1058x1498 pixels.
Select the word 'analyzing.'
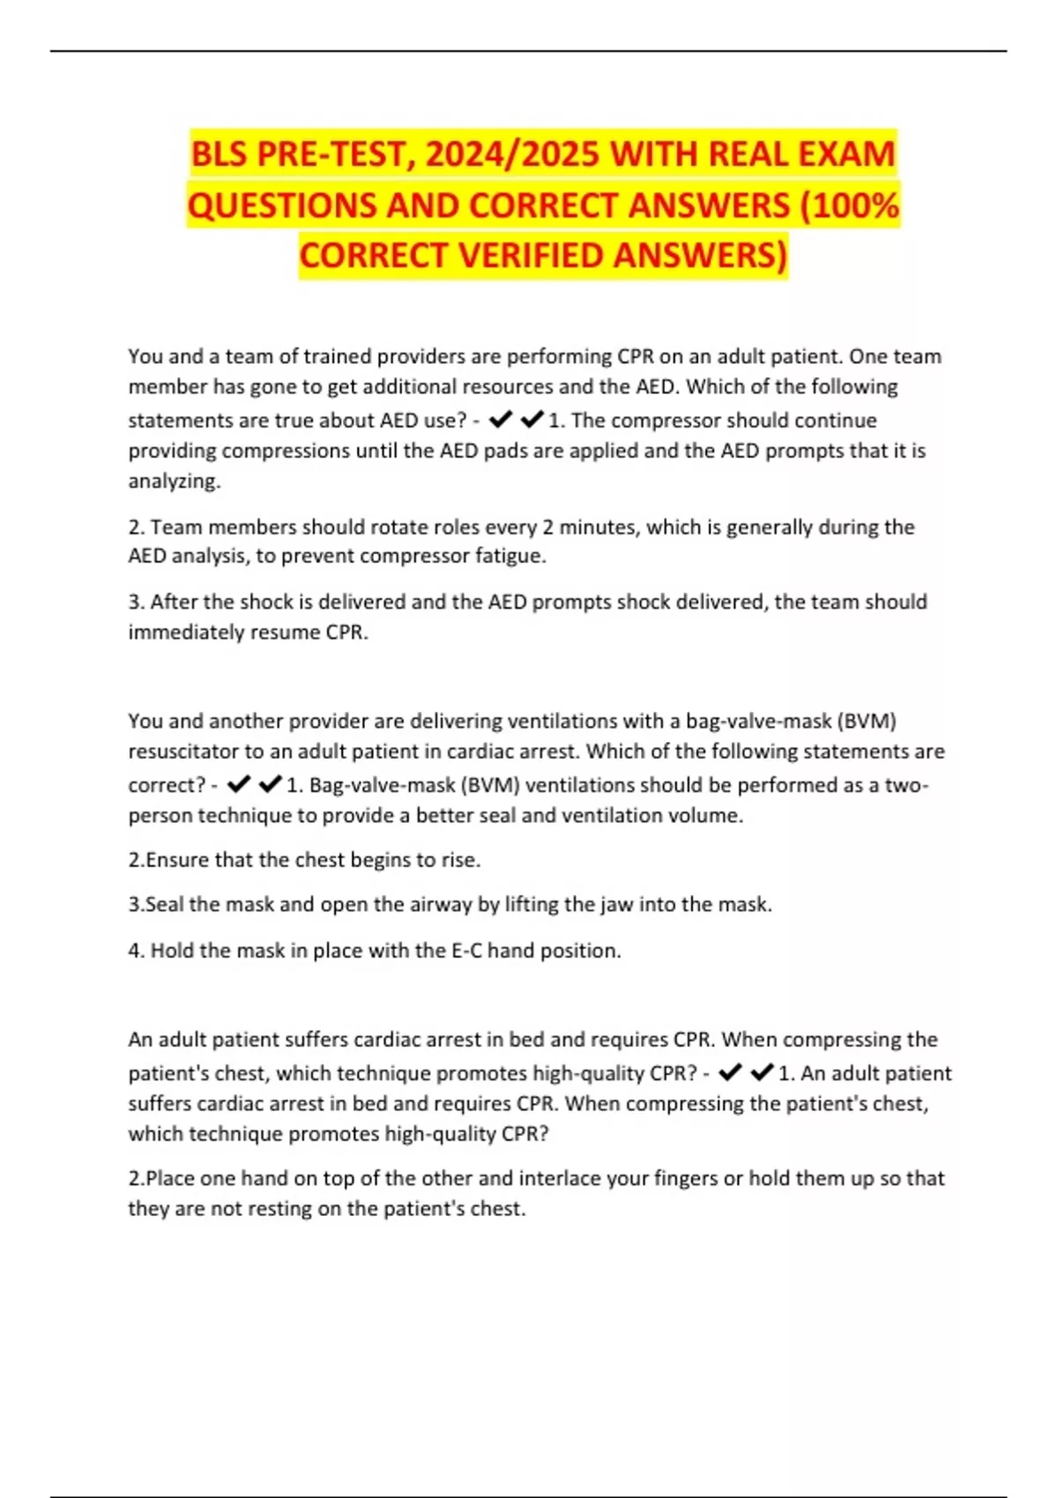[175, 481]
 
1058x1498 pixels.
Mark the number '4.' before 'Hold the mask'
[137, 951]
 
